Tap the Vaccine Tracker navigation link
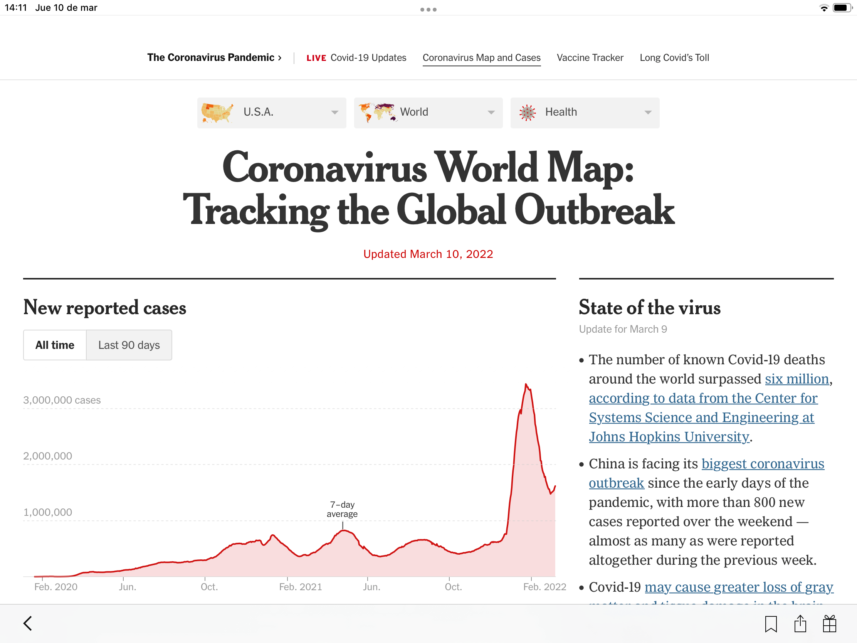[x=590, y=58]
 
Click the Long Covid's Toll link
[x=674, y=58]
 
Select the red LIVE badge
[x=316, y=58]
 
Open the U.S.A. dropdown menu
[x=271, y=113]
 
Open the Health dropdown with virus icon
[x=585, y=113]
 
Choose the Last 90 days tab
[x=129, y=345]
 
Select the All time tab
[x=55, y=345]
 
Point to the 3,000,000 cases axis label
[x=62, y=400]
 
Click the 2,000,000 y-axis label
[x=48, y=456]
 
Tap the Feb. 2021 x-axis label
[x=301, y=587]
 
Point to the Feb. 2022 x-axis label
[x=544, y=587]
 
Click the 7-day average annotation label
[x=342, y=509]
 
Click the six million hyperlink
[x=797, y=379]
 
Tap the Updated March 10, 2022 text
[x=428, y=254]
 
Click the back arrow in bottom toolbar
[x=28, y=623]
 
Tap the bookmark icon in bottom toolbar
[x=771, y=624]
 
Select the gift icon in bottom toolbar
[x=830, y=624]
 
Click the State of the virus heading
[x=650, y=307]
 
